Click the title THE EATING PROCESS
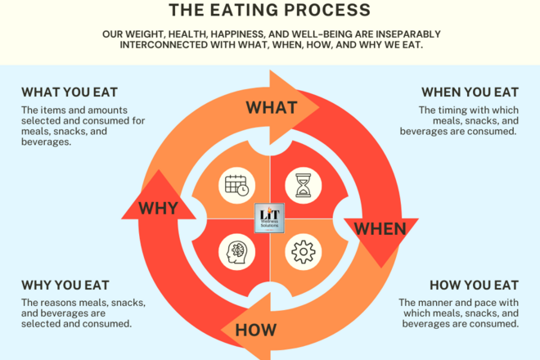click(269, 10)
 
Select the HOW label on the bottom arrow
click(255, 330)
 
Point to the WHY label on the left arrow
click(159, 208)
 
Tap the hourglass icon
click(304, 185)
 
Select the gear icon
click(304, 253)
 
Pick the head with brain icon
click(236, 252)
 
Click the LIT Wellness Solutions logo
click(270, 218)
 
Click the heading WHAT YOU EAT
click(69, 92)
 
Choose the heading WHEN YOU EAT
click(470, 92)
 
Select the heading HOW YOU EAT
click(474, 286)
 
